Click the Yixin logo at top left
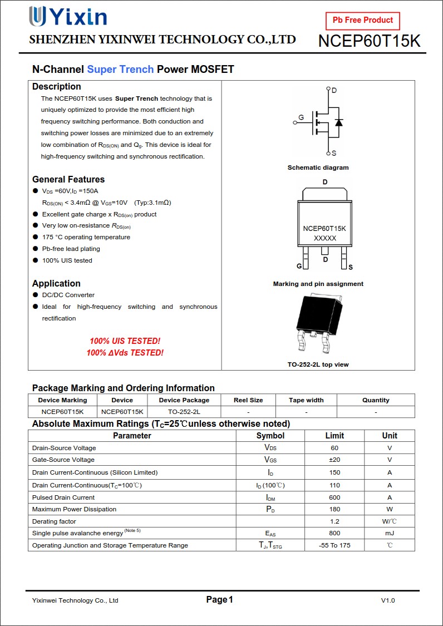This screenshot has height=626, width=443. point(67,17)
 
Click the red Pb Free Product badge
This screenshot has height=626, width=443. point(362,21)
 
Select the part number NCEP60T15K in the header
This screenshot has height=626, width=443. point(369,41)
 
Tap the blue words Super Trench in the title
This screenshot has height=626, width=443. point(120,70)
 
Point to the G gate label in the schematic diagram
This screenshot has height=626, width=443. point(301,118)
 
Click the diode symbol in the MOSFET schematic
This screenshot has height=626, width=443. point(338,122)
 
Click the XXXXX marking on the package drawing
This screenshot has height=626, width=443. point(325,238)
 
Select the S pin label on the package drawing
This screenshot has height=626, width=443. point(350,268)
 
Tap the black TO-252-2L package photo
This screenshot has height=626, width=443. point(319,323)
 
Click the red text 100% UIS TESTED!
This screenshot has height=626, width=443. point(125,341)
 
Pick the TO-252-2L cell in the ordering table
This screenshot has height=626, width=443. point(184,412)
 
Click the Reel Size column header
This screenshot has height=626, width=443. point(248,400)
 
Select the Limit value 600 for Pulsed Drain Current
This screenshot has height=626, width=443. point(334,497)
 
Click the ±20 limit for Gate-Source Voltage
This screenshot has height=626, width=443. point(334,460)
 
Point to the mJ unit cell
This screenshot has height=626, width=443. point(390,533)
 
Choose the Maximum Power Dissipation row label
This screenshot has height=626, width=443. point(74,509)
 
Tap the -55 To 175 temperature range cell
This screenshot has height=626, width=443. point(334,545)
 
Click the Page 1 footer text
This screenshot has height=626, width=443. point(219,599)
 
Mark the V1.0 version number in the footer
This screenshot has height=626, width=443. point(388,600)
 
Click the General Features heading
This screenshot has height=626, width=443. point(68,179)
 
